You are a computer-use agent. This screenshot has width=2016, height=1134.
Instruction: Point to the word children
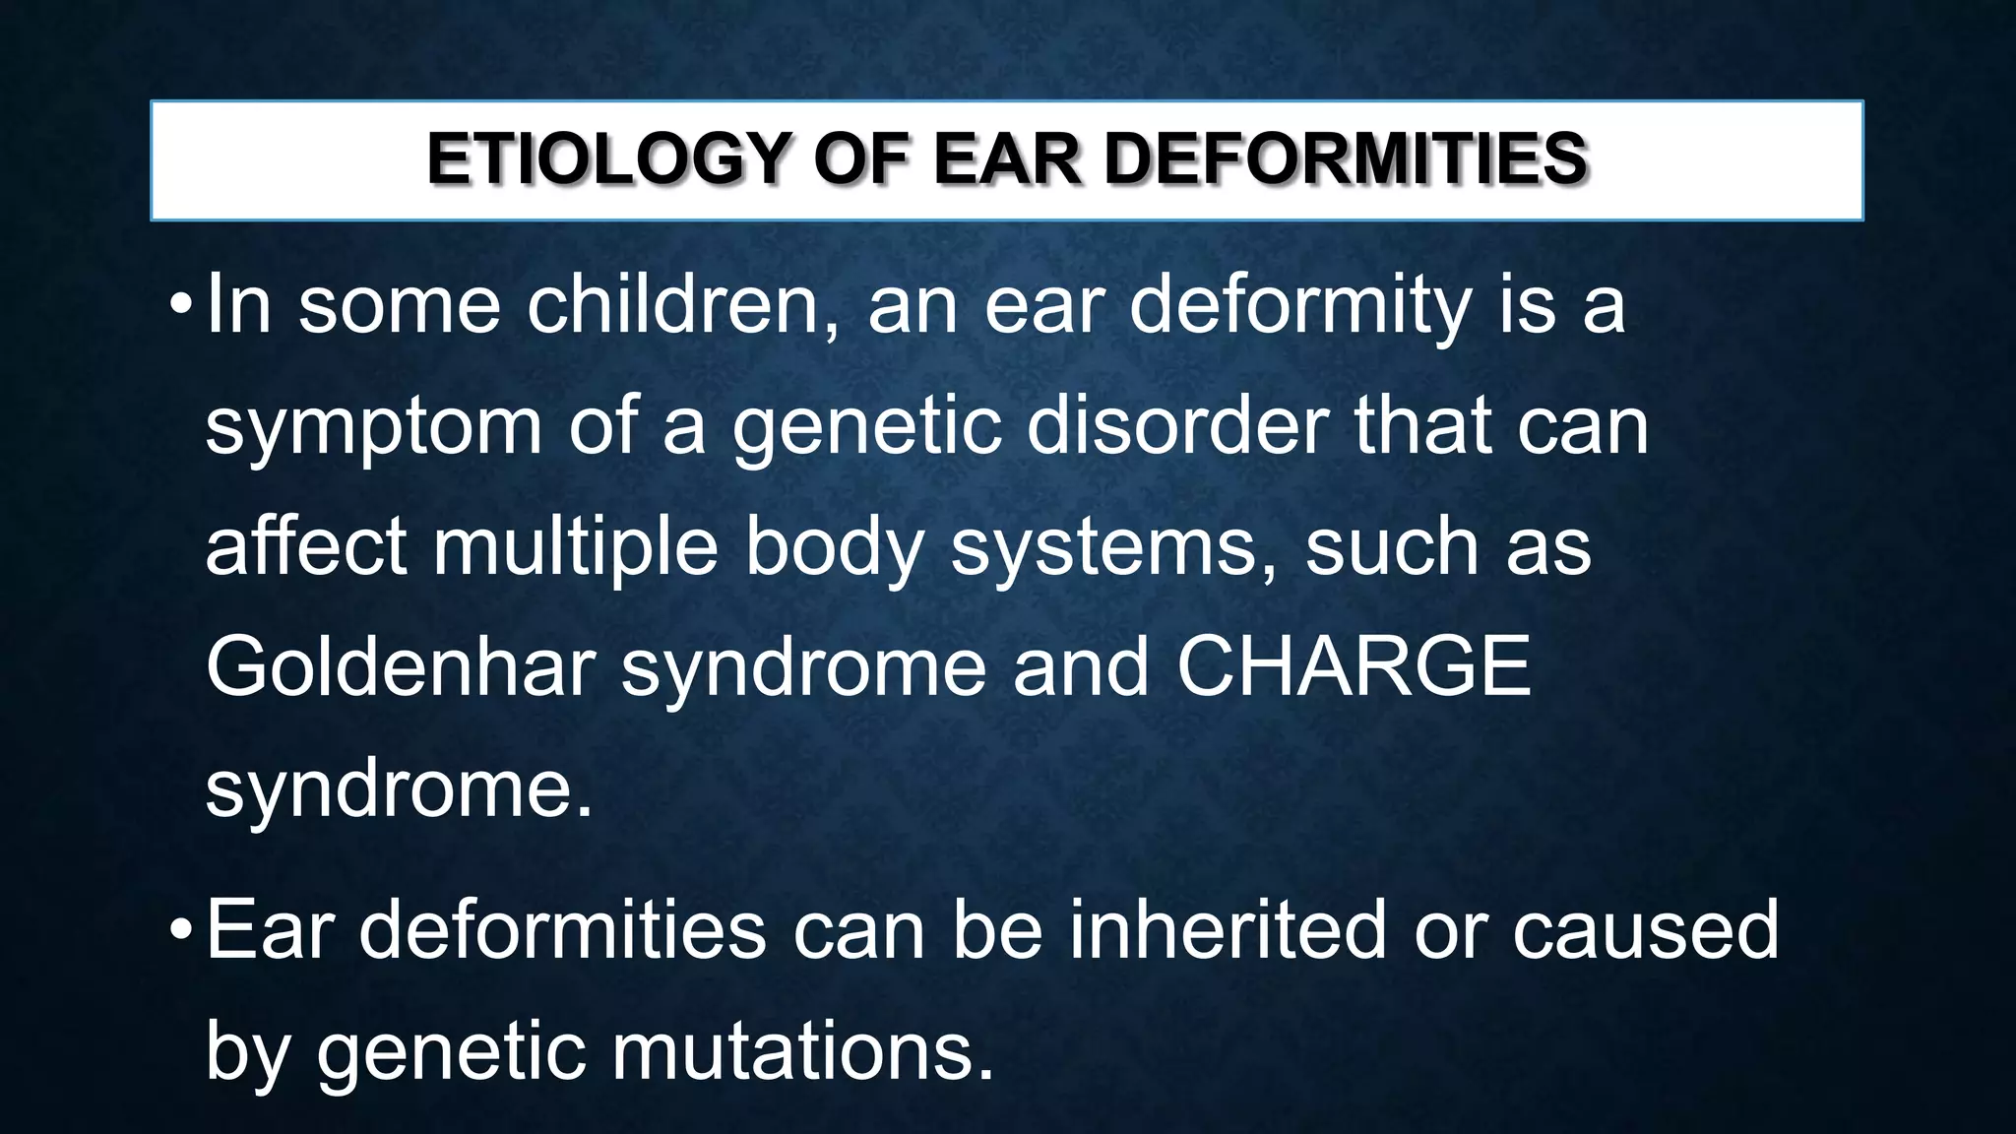point(683,306)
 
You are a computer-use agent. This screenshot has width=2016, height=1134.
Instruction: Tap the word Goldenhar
point(401,666)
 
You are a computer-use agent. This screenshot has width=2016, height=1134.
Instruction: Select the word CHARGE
point(1354,666)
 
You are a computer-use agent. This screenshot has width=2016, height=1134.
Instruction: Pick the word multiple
point(576,547)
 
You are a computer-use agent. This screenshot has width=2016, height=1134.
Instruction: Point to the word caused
point(1646,929)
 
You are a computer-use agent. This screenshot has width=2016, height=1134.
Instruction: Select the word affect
point(305,547)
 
